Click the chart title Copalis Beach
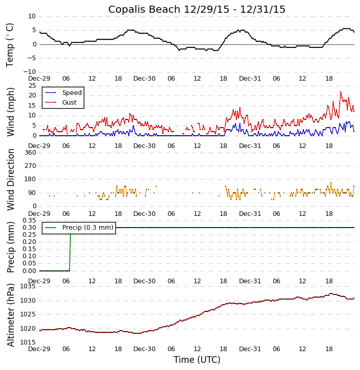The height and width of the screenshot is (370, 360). (x=197, y=9)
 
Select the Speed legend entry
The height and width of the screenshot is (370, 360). (x=71, y=93)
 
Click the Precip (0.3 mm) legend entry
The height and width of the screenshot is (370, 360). (x=87, y=228)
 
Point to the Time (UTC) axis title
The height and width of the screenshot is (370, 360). (x=197, y=360)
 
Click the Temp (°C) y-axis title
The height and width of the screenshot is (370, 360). (x=10, y=44)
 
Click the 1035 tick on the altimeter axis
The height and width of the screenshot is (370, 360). (x=28, y=286)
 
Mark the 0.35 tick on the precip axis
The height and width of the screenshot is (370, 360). (x=28, y=220)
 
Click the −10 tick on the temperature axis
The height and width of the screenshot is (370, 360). (x=29, y=72)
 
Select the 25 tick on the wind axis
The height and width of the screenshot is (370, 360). (x=32, y=86)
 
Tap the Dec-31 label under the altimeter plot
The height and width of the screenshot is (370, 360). (x=250, y=350)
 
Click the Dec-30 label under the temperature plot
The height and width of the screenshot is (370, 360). (x=145, y=79)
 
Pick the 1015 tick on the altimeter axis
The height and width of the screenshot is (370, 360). (x=28, y=342)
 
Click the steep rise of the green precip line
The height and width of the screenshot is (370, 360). (x=70, y=250)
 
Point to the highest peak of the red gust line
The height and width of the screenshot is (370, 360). (x=341, y=92)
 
